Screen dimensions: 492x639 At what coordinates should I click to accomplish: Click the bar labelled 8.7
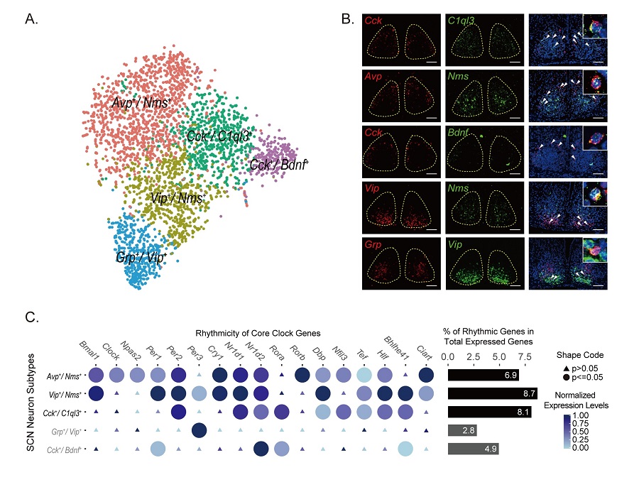(493, 393)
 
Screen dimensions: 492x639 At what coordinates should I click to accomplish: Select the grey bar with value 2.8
(462, 430)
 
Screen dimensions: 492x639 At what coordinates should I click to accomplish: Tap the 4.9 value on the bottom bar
(489, 449)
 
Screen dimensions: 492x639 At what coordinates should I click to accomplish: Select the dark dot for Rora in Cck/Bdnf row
(261, 449)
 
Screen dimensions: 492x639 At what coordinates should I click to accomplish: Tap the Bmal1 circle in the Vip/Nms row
(96, 393)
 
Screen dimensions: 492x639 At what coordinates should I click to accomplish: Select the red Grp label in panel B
(376, 244)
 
